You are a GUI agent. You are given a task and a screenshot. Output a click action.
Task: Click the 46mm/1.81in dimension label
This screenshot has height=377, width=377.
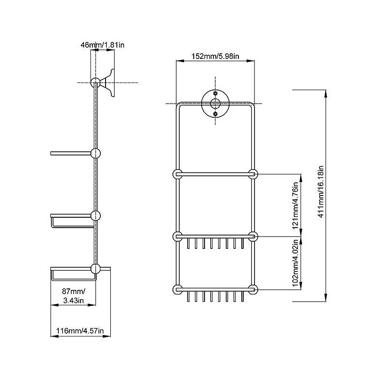pos(102,45)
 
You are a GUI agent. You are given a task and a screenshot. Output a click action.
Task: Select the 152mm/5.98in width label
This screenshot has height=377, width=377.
pos(215,56)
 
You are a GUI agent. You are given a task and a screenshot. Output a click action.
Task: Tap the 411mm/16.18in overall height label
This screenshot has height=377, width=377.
pos(321,192)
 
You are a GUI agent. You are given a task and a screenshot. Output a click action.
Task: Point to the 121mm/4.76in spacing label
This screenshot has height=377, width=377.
pos(295,205)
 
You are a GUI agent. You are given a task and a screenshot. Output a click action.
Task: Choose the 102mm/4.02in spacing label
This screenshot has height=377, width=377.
pos(295,263)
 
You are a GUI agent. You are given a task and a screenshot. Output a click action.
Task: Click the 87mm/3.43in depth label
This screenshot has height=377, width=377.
pos(74,296)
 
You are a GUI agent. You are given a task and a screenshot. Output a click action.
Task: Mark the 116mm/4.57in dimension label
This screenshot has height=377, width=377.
pos(80,331)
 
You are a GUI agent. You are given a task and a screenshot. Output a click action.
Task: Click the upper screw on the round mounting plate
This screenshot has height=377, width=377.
pos(215,93)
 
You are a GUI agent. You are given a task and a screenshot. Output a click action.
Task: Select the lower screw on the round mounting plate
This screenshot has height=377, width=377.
pos(215,114)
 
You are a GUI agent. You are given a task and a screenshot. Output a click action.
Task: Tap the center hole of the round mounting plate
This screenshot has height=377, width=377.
pos(215,103)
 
